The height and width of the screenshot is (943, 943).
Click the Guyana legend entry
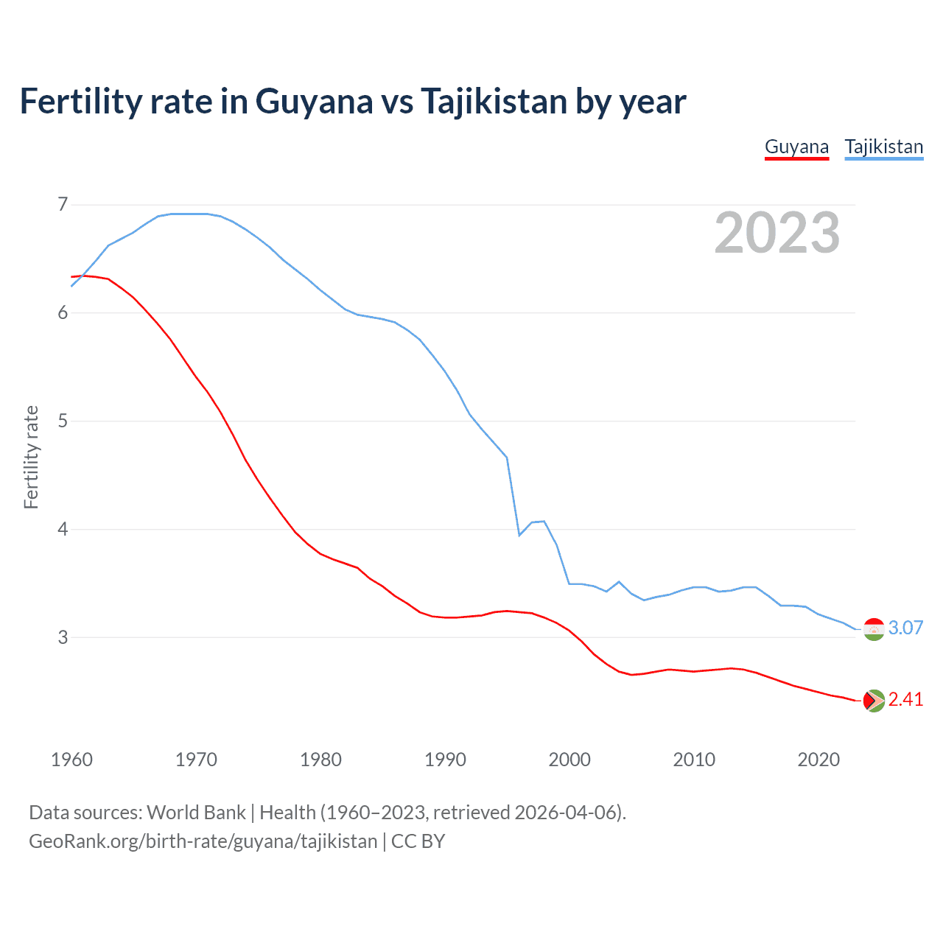click(796, 147)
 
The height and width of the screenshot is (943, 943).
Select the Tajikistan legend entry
click(883, 147)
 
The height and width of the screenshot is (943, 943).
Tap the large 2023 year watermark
click(777, 233)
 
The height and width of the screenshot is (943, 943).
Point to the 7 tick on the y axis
click(63, 204)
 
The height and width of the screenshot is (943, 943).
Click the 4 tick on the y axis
click(63, 529)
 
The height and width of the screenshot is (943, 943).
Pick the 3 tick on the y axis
click(63, 637)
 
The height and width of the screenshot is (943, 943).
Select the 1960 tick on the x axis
click(71, 760)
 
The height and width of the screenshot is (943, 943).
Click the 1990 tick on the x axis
click(445, 760)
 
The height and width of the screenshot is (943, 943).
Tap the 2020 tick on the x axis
click(818, 760)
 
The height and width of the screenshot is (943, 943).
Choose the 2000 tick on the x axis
click(569, 760)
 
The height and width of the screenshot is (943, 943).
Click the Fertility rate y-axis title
click(31, 457)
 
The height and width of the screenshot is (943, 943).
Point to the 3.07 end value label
click(905, 628)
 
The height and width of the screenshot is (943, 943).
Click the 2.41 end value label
click(905, 699)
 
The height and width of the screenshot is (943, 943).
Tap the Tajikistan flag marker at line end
click(874, 629)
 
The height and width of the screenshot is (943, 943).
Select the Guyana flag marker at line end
click(874, 701)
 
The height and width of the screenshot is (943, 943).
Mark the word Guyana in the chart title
click(314, 102)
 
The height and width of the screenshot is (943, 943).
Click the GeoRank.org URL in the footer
click(203, 841)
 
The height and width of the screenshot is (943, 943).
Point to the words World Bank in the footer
click(196, 813)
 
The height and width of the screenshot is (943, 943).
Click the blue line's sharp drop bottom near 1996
click(519, 535)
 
